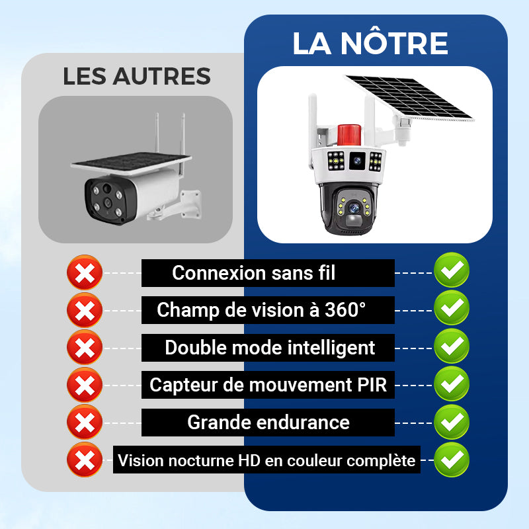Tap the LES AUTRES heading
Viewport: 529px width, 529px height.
coord(137,76)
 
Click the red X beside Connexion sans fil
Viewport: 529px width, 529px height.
coord(85,272)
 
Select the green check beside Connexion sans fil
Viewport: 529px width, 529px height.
coord(452,270)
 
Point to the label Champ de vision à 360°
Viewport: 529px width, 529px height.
coord(261,310)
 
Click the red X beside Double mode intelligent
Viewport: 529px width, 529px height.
coord(85,348)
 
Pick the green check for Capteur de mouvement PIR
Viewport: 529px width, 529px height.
coord(452,384)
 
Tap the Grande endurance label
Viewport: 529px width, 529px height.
coord(268,423)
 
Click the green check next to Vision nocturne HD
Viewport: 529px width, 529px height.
coord(452,459)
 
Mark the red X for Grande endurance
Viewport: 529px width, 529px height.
coord(85,422)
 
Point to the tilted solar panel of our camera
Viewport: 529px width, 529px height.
coord(409,97)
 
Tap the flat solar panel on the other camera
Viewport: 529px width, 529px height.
coord(131,163)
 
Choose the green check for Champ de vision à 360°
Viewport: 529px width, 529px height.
coord(452,307)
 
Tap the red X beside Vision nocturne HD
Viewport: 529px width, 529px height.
coord(85,460)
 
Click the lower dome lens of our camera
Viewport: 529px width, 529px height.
coord(354,208)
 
